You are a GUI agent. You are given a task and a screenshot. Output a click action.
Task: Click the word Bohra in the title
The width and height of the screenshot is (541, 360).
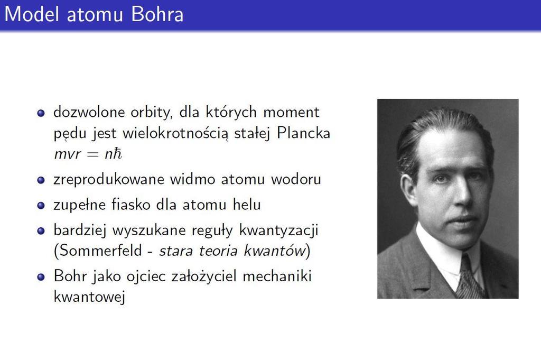coord(157,14)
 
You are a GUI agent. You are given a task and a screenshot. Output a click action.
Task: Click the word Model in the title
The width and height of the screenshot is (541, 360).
coord(32,14)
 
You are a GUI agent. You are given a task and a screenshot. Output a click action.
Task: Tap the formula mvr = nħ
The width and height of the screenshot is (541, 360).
coord(88,154)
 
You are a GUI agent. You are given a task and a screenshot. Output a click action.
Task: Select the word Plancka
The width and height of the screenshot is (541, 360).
coord(303,133)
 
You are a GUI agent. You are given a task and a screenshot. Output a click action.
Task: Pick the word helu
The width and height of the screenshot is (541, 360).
coord(247,205)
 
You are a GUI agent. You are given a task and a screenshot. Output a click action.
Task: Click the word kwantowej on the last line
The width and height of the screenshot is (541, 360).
coord(89,297)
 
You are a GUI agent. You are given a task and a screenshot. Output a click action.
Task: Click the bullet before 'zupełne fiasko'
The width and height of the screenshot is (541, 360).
coord(41,205)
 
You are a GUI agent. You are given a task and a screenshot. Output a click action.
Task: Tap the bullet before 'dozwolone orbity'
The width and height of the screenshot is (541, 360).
coord(41,113)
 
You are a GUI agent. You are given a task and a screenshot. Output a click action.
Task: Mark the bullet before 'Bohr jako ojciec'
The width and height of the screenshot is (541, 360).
coord(41,277)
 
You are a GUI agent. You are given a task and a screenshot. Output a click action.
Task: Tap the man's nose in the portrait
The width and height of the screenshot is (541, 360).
coord(463,195)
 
